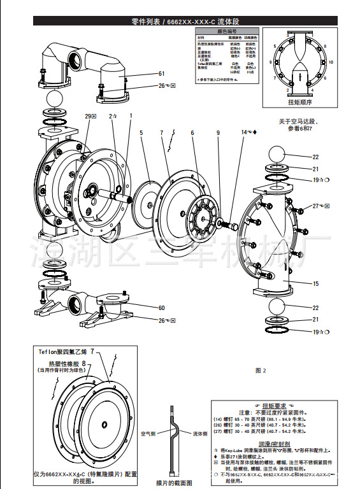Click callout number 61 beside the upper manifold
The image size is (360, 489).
162,73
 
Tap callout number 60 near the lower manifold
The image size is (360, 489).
162,308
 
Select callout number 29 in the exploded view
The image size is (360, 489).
89,116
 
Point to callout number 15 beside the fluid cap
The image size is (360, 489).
315,283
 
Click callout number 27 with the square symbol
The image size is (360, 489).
315,206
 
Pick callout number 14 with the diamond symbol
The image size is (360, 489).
245,132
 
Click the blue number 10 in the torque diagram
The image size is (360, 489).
330,62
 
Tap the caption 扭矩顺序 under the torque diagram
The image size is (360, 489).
300,101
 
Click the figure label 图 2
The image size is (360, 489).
260,370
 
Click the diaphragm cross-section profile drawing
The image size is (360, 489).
173,439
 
